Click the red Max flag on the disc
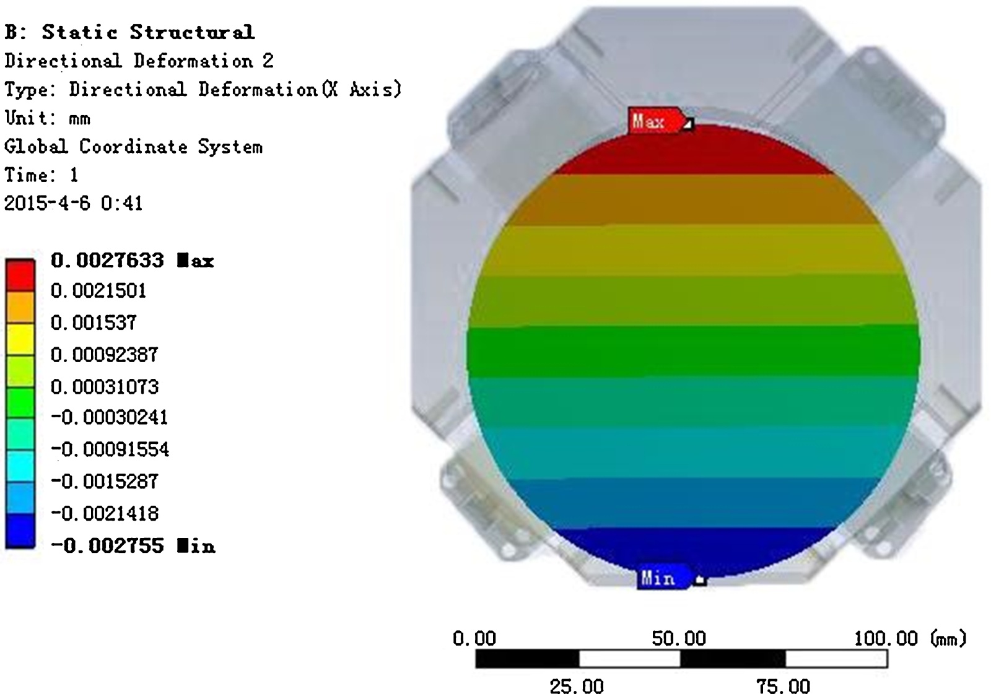[x=657, y=120]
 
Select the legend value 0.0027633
[x=107, y=260]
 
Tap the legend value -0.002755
[x=108, y=545]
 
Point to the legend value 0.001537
[x=94, y=323]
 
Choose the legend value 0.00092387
[x=105, y=355]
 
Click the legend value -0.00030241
[x=109, y=417]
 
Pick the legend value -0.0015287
[x=105, y=481]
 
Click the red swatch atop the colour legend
[x=20, y=275]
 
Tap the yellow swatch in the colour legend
[x=20, y=339]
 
